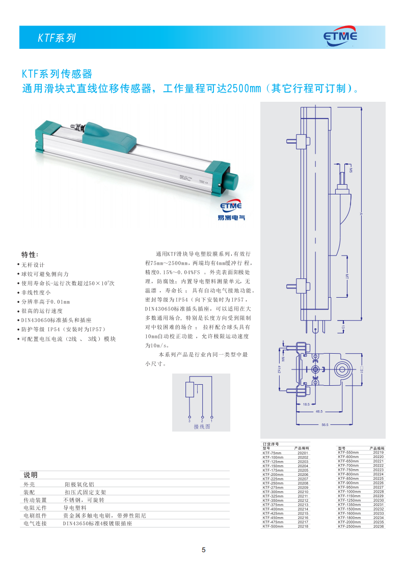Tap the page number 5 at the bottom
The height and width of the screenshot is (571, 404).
point(203,550)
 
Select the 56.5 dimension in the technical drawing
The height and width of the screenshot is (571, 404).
point(325,424)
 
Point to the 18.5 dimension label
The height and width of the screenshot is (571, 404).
point(306,404)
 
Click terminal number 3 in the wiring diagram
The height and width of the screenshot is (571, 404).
point(189,421)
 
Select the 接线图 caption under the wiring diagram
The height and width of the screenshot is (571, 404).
point(202,427)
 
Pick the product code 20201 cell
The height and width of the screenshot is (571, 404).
point(303,453)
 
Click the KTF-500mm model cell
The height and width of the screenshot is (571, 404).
point(272,527)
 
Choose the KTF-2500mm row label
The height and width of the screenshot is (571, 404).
point(349,527)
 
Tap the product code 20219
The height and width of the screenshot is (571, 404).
point(378,452)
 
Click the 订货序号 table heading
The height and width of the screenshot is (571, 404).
point(271,444)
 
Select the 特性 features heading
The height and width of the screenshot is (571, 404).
point(30,254)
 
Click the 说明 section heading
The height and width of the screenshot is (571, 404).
point(31,475)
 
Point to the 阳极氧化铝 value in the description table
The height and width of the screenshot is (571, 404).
point(79,484)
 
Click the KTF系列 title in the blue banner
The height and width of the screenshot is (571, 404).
point(57,38)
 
